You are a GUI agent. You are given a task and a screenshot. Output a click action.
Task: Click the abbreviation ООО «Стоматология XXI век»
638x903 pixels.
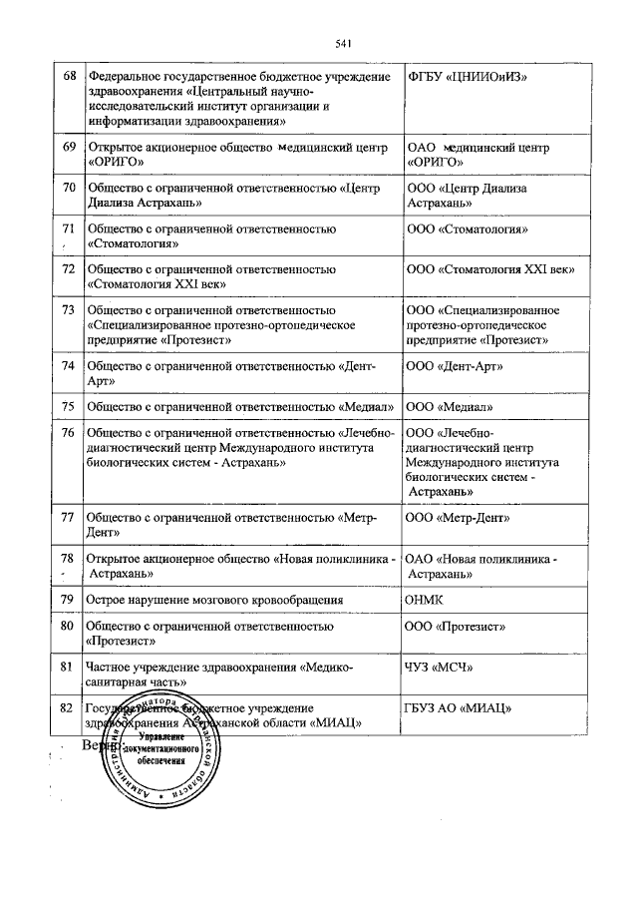click(492, 269)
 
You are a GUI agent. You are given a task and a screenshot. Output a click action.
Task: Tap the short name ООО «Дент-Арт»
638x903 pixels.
click(456, 366)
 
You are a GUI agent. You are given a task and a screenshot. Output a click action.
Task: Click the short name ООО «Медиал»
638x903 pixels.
click(451, 407)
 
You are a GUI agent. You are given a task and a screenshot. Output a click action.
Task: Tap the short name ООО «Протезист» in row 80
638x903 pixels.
click(460, 627)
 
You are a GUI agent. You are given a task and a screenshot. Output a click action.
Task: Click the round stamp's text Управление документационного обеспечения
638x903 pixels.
click(162, 773)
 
